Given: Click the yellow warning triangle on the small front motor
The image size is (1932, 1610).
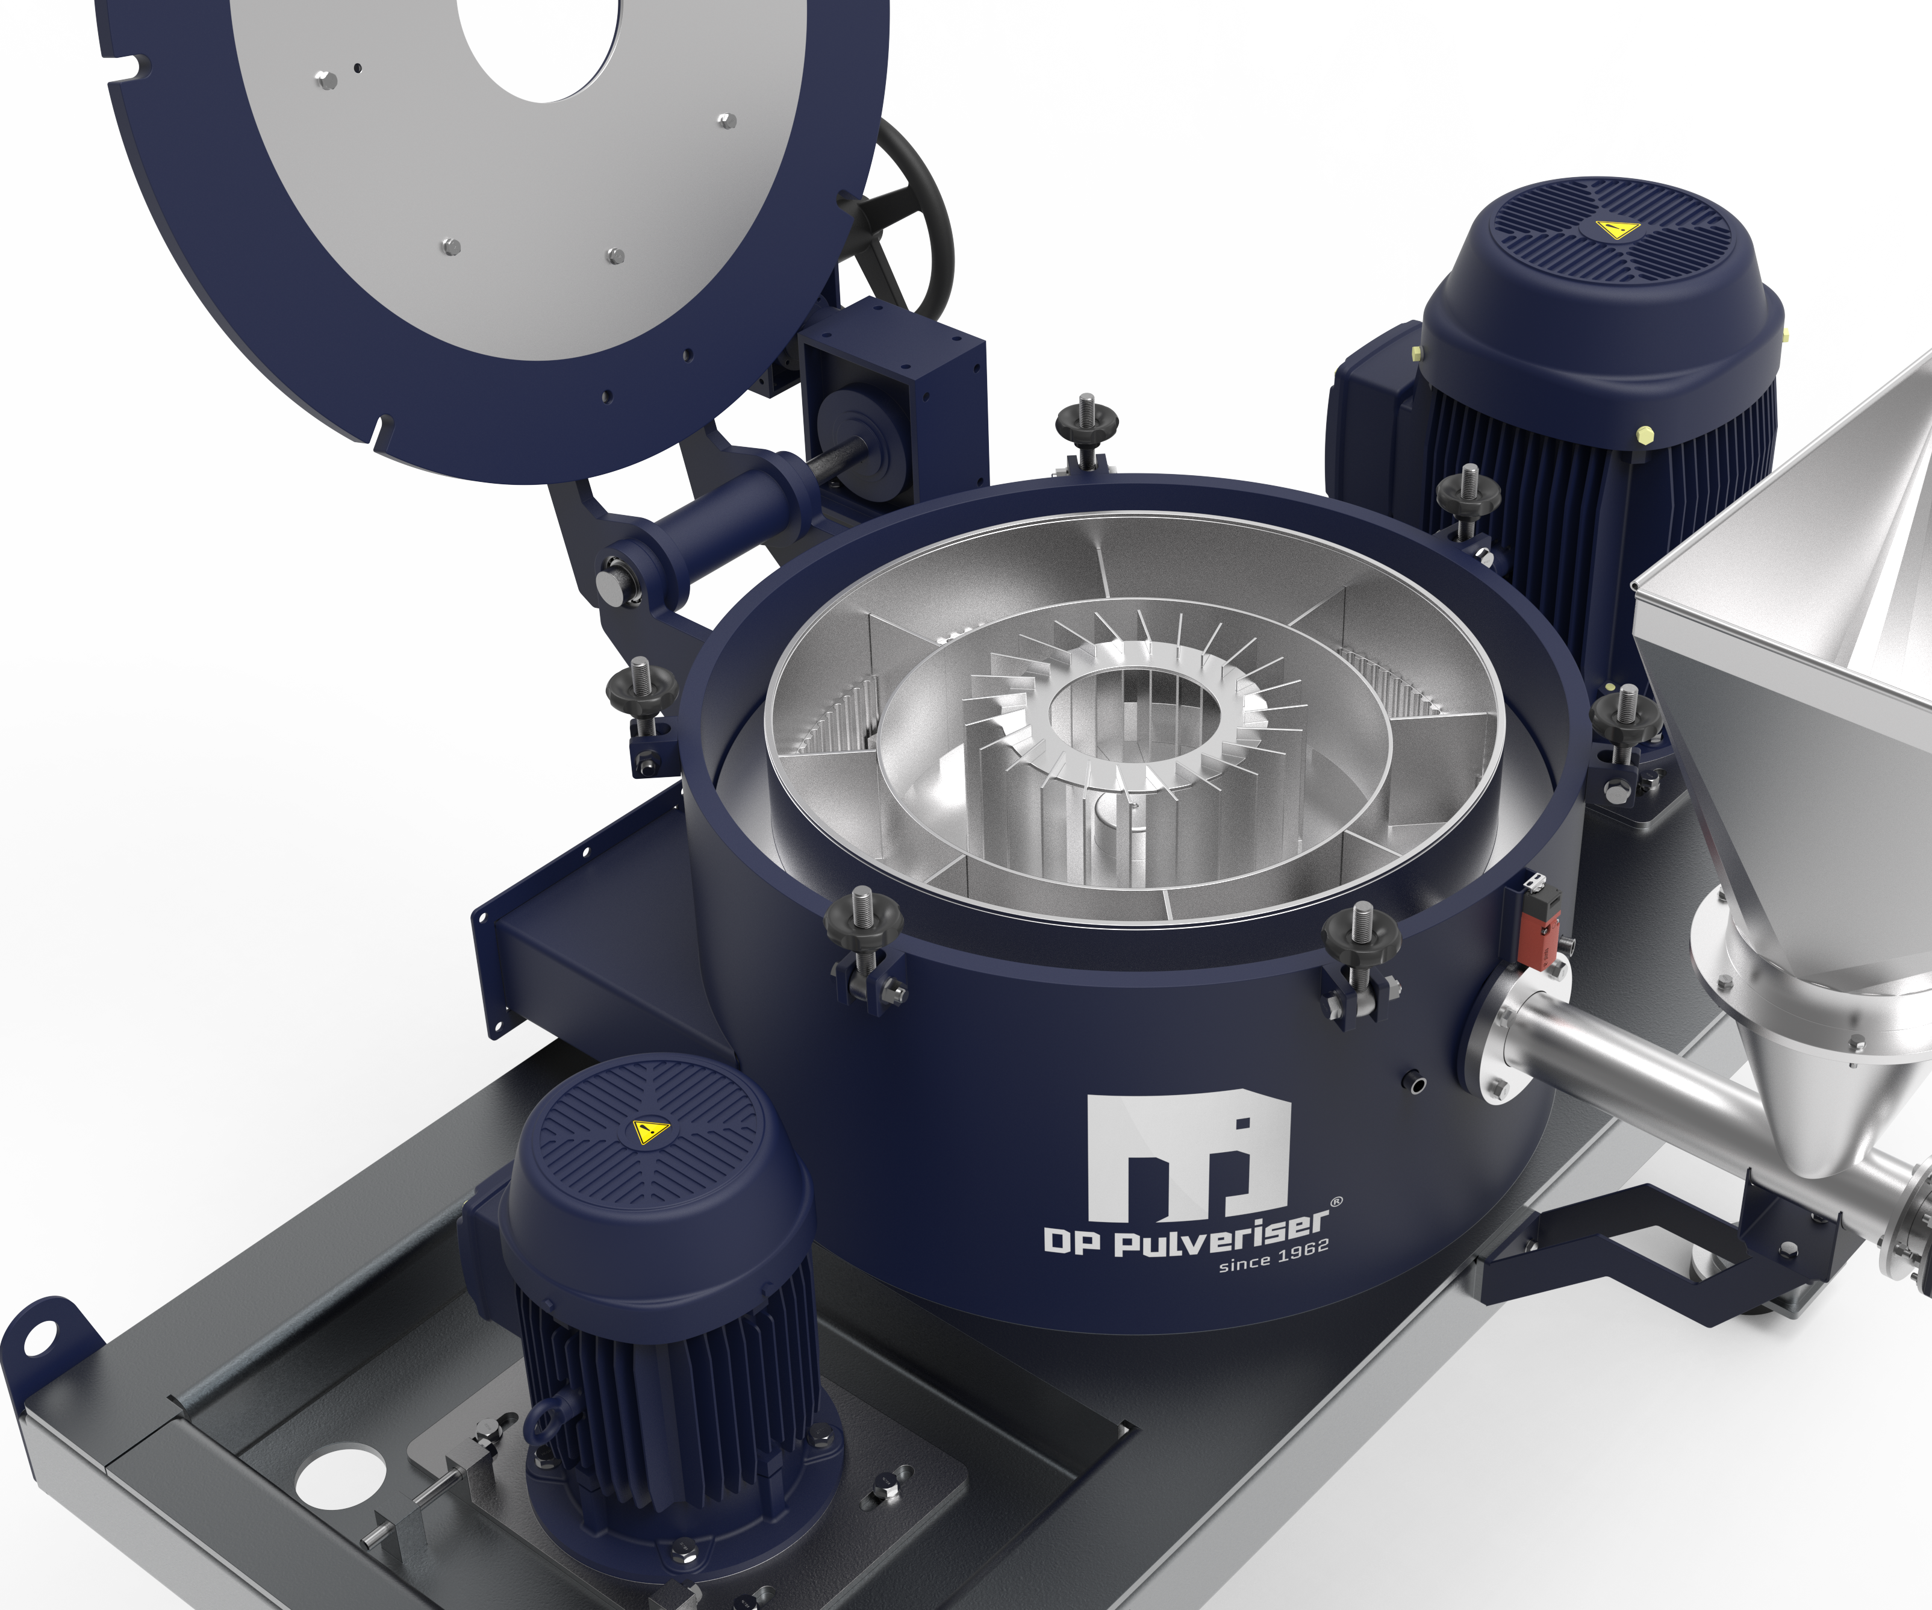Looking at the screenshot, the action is (649, 1132).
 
